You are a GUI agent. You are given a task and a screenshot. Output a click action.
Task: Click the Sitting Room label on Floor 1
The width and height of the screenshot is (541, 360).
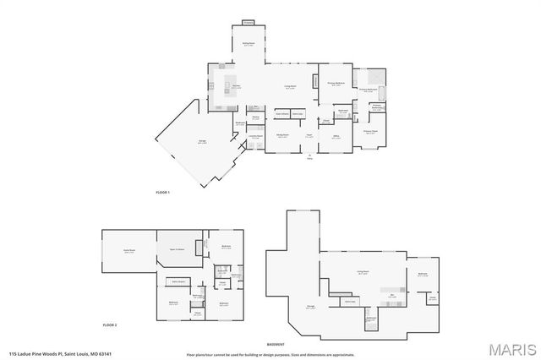coord(249,44)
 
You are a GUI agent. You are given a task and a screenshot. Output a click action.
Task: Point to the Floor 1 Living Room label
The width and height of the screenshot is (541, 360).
coord(289,87)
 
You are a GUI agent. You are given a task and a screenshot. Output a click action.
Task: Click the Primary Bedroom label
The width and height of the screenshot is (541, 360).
coord(336,84)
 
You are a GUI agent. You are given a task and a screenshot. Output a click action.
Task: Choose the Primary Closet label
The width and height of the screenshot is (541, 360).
coord(370,131)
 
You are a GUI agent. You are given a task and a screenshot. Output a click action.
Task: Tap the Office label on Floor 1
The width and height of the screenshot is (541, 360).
coord(336,136)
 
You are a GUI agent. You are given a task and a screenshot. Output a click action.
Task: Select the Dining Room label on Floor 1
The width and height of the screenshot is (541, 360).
coord(282,135)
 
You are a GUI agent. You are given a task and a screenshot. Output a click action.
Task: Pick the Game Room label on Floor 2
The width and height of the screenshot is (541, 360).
coord(128,251)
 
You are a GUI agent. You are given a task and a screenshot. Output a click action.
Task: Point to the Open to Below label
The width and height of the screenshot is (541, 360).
coord(178,251)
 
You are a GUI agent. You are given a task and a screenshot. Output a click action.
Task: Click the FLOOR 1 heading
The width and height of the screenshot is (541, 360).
coord(163,194)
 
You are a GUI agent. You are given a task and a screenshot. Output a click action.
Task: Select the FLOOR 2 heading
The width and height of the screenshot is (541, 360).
coord(110,325)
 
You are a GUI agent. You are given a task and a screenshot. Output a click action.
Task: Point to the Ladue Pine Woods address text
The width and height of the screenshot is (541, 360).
coord(60,353)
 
